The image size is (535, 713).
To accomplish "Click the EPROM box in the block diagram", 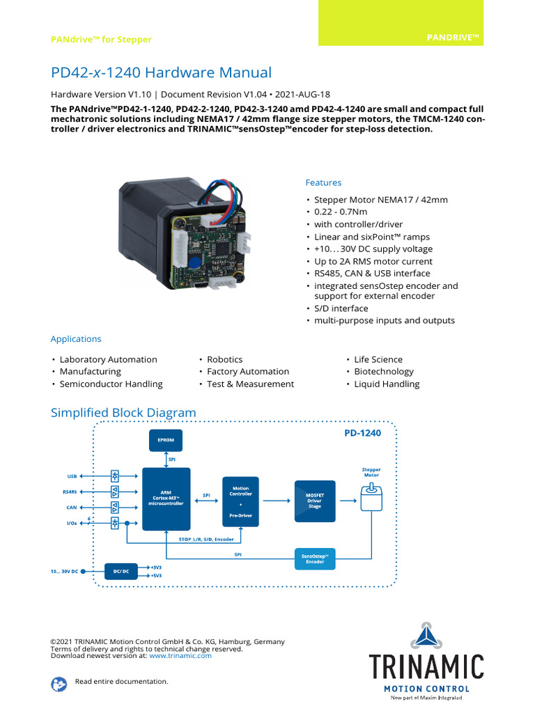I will pyautogui.click(x=165, y=440).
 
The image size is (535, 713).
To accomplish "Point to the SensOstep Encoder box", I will pyautogui.click(x=315, y=558).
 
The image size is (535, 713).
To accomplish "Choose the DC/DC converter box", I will pyautogui.click(x=121, y=572).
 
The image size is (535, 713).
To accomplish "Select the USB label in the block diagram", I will pyautogui.click(x=72, y=476).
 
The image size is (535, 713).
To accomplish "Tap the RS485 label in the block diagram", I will pyautogui.click(x=71, y=492).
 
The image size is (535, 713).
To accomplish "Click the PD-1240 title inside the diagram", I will pyautogui.click(x=363, y=434).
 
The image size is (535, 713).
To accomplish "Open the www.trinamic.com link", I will pyautogui.click(x=180, y=655).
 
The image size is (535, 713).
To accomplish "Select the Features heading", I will pyautogui.click(x=323, y=182).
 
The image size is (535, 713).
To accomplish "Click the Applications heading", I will pyautogui.click(x=76, y=339).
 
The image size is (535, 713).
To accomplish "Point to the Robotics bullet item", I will pyautogui.click(x=224, y=359).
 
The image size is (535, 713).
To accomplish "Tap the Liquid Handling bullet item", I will pyautogui.click(x=387, y=384).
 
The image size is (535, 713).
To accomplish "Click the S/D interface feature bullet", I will pyautogui.click(x=341, y=308).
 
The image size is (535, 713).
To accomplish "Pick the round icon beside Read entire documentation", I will pyautogui.click(x=59, y=683).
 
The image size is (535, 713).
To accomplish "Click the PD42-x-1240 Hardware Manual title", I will pyautogui.click(x=161, y=73).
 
